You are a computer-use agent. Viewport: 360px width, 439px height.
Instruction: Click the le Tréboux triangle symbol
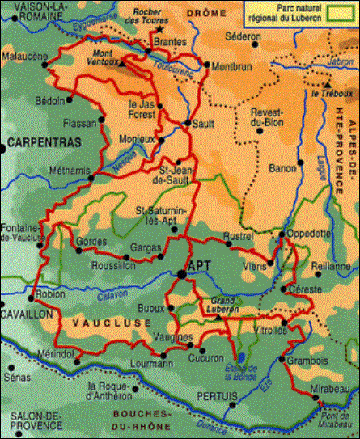[x=328, y=83]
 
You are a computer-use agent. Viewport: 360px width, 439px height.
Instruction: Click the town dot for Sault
[x=188, y=123]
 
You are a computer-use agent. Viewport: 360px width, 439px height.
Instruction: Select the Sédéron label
[x=244, y=37]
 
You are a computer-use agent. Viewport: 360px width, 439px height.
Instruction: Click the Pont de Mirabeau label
[x=332, y=414]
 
